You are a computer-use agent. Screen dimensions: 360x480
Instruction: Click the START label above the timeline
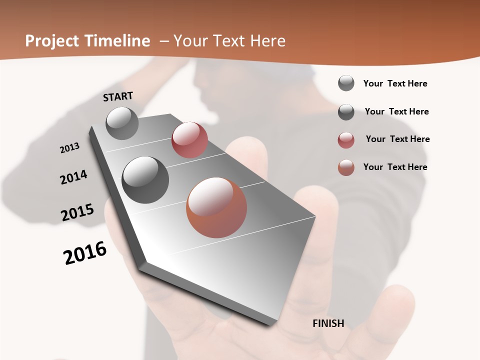click(118, 96)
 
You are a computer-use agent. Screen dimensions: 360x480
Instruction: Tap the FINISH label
click(328, 323)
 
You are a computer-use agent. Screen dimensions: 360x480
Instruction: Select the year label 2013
click(70, 148)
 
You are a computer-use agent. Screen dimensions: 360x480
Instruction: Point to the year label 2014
click(74, 177)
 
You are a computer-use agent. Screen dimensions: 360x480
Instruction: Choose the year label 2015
click(77, 212)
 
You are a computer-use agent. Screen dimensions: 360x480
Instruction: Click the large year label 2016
click(85, 253)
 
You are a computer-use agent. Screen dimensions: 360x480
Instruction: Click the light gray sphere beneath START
click(122, 123)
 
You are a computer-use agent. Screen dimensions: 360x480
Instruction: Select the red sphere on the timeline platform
click(189, 140)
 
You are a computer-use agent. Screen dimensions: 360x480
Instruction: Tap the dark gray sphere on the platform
click(145, 179)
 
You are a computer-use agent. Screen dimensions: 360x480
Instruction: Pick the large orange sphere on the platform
click(216, 207)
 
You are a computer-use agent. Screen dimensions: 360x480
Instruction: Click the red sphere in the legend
click(346, 140)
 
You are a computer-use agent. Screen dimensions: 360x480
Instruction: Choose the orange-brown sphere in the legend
click(346, 167)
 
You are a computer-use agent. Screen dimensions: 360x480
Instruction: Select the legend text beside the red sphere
click(397, 139)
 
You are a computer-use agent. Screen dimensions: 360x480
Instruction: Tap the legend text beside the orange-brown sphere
click(395, 167)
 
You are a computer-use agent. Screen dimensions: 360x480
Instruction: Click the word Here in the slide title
click(267, 41)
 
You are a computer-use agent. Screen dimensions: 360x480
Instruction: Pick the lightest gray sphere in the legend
click(346, 83)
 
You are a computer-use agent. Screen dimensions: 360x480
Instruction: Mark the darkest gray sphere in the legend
click(346, 112)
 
